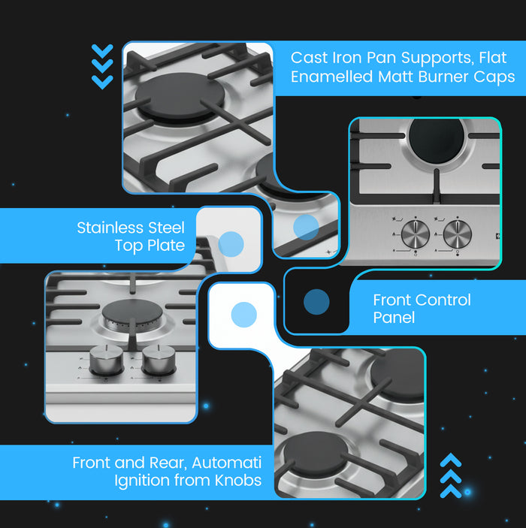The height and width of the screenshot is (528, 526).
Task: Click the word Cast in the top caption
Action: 309,58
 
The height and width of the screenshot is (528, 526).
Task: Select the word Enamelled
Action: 331,77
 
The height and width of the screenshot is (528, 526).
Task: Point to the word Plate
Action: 166,246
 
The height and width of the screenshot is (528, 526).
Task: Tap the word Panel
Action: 394,318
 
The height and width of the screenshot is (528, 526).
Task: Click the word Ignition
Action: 141,481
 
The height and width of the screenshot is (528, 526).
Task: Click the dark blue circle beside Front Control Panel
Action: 316,302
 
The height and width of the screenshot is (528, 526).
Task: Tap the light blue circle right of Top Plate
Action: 231,244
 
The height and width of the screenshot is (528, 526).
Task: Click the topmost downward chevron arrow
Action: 102,51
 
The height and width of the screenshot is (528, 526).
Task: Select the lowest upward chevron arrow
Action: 451,491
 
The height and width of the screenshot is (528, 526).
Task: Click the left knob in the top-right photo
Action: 415,234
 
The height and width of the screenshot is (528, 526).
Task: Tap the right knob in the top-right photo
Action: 458,234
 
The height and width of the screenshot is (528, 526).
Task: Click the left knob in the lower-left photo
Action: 107,361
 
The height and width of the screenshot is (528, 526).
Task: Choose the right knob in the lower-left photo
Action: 159,361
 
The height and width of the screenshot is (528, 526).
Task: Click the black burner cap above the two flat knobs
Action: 437,140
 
